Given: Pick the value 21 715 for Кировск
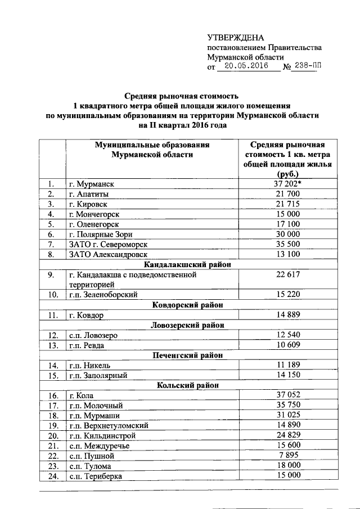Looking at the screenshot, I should pos(289,204).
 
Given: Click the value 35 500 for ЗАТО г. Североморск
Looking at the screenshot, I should pos(289,244).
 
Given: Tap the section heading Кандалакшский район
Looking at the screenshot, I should pos(188,264).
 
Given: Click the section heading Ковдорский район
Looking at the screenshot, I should pos(188,305).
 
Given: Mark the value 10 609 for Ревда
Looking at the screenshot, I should pos(289,345).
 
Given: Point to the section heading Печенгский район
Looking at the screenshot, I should pos(188,355).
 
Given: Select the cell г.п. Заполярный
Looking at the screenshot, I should pos(98,375).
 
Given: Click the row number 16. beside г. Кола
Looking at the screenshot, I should pos(53,395).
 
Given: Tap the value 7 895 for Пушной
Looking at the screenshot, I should pos(289,455).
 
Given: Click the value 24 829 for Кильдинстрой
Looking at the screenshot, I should pos(289,435).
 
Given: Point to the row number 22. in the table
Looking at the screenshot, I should pos(53,456).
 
